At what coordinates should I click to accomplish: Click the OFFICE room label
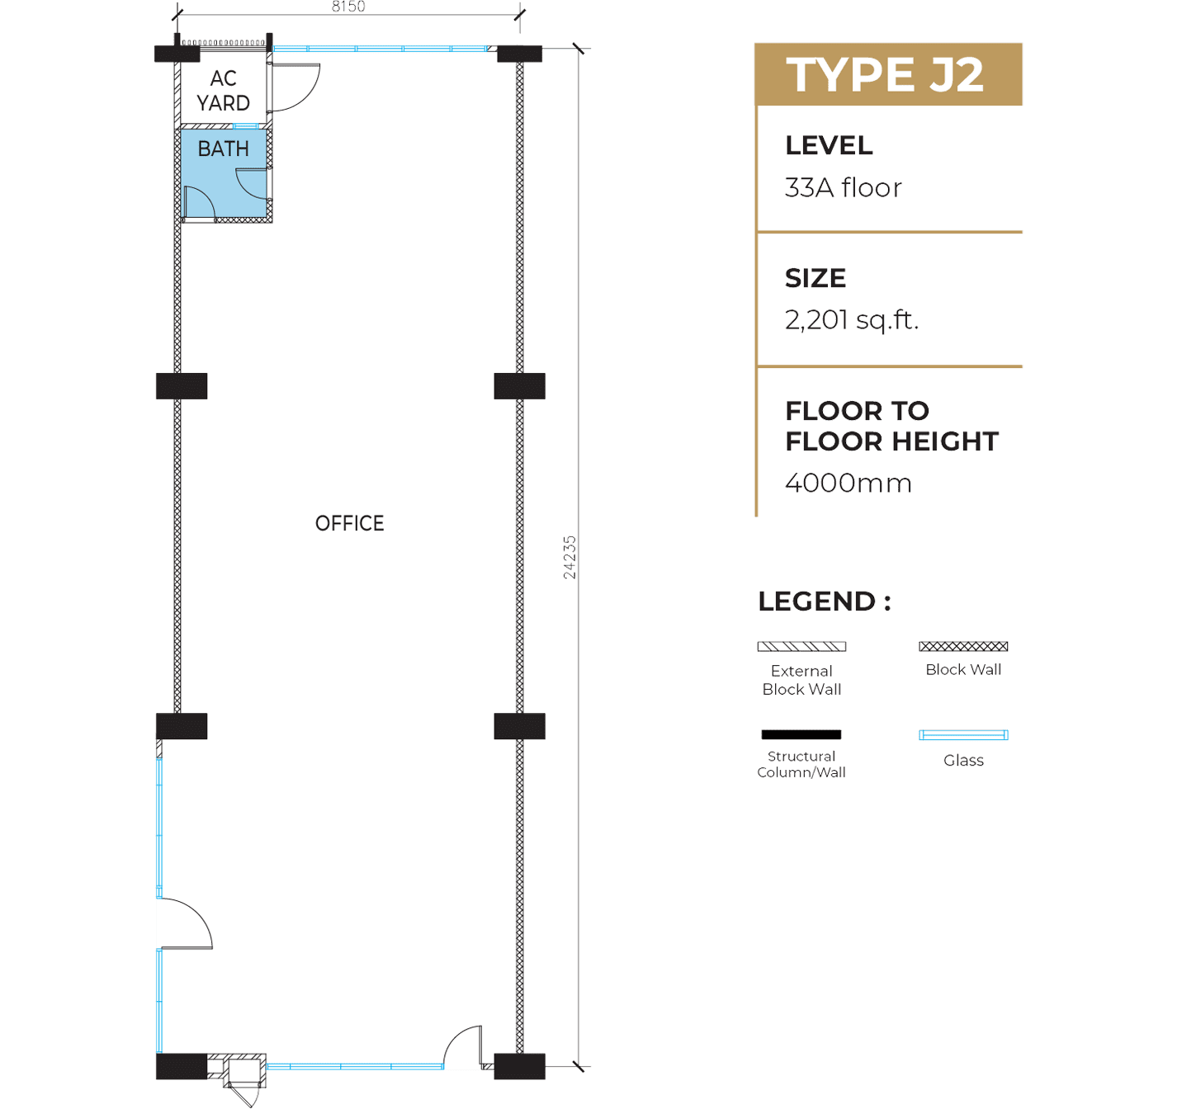coord(349,523)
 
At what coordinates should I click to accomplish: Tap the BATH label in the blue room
coord(223,149)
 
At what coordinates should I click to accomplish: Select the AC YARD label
coord(223,91)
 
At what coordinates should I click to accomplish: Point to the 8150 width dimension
coord(348,7)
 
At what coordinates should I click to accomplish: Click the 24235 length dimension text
coord(569,557)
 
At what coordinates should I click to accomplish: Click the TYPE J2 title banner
coord(888,75)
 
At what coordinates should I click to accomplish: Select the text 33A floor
coord(843,188)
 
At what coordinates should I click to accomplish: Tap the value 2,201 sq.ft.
coord(852,320)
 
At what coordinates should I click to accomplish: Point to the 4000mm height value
coord(848,483)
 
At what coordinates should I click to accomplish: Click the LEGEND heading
coord(825,602)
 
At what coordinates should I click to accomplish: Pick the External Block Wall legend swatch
coord(801,647)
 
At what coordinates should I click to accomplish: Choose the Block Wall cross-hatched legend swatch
coord(963,646)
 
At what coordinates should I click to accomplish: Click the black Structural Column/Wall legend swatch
coord(801,734)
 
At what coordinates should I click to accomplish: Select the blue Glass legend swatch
coord(963,735)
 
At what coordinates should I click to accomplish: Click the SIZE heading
coord(815,278)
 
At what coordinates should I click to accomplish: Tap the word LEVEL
coord(829,145)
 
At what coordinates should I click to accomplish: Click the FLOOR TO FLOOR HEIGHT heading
coord(891,426)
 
